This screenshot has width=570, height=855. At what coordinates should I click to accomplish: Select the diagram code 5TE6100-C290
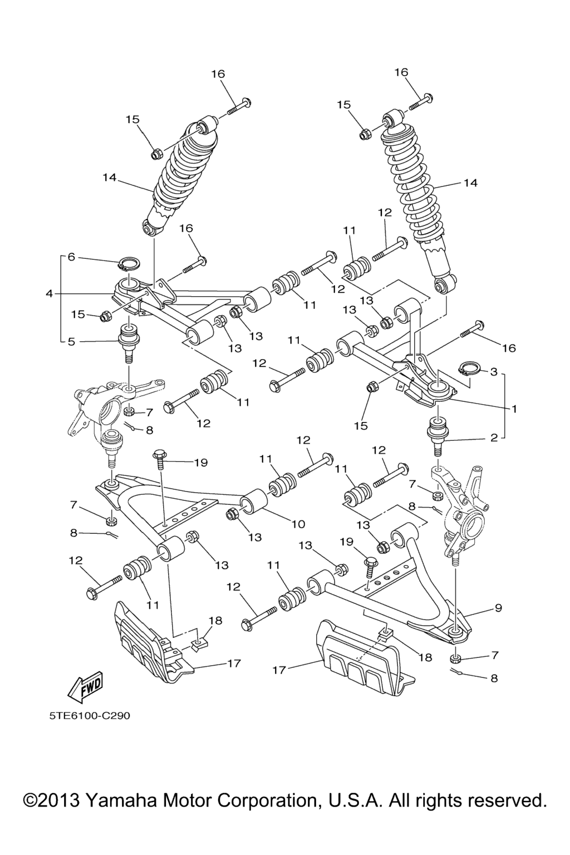click(x=89, y=715)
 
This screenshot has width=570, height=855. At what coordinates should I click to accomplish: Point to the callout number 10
click(x=298, y=524)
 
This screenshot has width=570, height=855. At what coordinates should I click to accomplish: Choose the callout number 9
click(x=498, y=607)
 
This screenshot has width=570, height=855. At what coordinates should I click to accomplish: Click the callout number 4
click(x=50, y=293)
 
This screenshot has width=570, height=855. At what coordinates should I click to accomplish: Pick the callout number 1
click(x=514, y=408)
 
